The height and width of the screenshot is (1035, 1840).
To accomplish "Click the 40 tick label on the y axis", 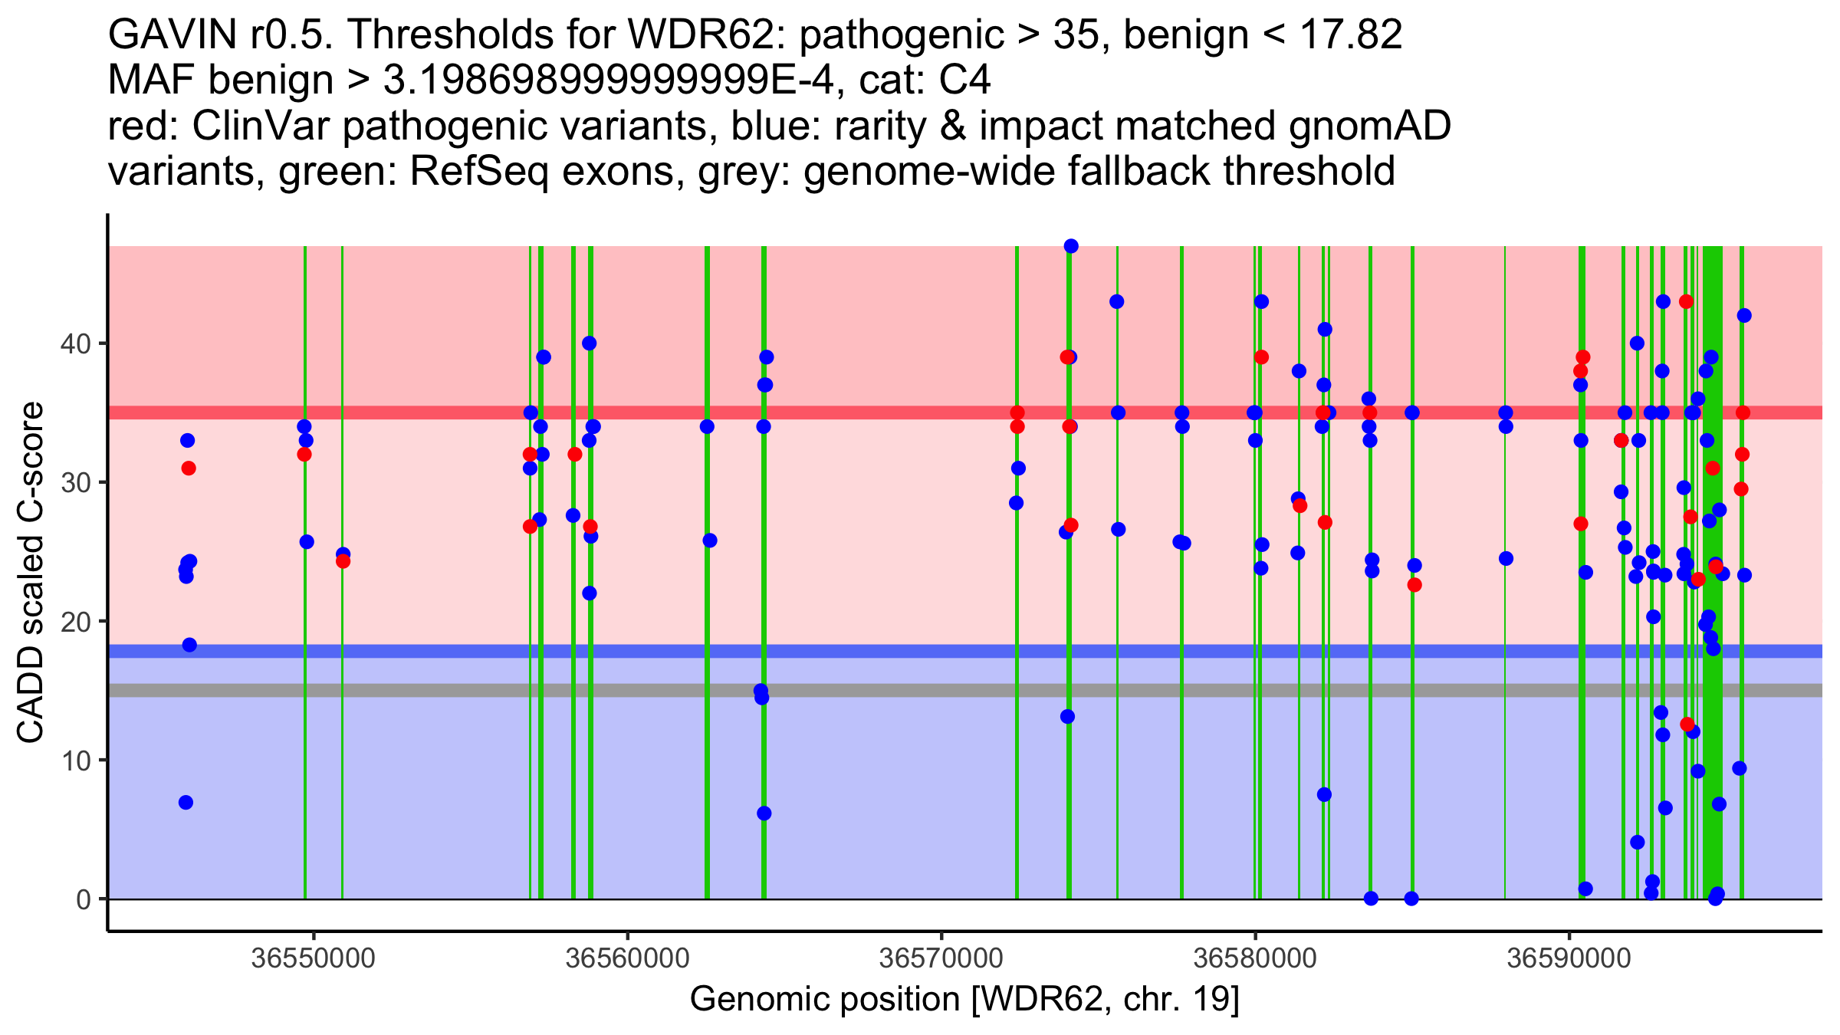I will pyautogui.click(x=75, y=343).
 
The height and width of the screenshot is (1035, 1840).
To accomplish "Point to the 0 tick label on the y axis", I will pyautogui.click(x=83, y=899).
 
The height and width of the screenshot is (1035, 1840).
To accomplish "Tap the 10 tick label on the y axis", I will pyautogui.click(x=75, y=761).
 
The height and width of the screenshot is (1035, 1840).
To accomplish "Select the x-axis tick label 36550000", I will pyautogui.click(x=314, y=958).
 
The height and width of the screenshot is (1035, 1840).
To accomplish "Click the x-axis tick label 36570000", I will pyautogui.click(x=941, y=958).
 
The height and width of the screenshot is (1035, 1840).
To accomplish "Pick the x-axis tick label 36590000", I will pyautogui.click(x=1569, y=958).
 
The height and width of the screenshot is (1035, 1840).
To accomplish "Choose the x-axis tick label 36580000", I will pyautogui.click(x=1255, y=958).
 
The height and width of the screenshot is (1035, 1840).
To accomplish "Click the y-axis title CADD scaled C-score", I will pyautogui.click(x=31, y=573).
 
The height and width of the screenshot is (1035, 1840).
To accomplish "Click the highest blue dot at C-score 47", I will pyautogui.click(x=1071, y=246).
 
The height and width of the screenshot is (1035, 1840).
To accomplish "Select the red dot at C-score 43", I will pyautogui.click(x=1686, y=301).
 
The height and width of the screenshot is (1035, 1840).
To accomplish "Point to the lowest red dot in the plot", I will pyautogui.click(x=1687, y=724).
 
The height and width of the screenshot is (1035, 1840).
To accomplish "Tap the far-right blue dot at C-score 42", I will pyautogui.click(x=1744, y=315).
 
